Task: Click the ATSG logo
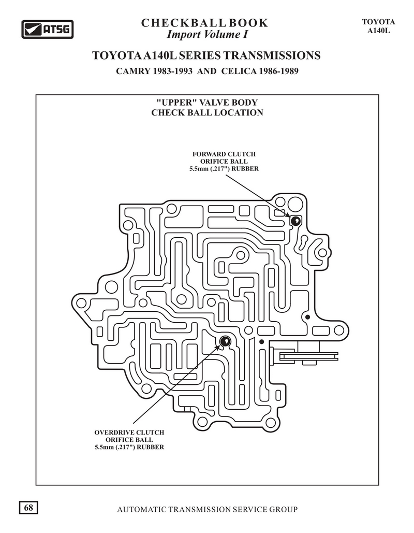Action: [48, 29]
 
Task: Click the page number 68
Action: [28, 508]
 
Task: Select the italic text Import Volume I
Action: [207, 34]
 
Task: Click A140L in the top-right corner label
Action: [378, 30]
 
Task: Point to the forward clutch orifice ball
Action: [295, 221]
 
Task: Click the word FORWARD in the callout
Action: [208, 154]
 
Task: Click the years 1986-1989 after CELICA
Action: [278, 71]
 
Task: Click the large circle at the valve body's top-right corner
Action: [295, 205]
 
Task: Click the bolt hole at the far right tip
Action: [339, 330]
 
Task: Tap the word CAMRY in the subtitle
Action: [133, 71]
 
